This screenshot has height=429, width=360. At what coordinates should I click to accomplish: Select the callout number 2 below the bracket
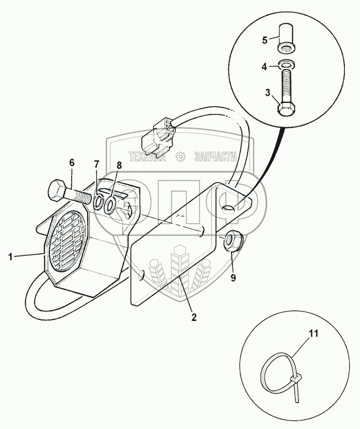[194, 317]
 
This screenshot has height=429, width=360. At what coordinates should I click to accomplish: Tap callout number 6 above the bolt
[71, 163]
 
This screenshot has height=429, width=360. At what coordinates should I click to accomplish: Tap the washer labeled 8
[111, 204]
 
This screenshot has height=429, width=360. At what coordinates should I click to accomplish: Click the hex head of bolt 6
[57, 190]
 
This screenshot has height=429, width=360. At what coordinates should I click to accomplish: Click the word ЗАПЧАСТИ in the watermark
[215, 157]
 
